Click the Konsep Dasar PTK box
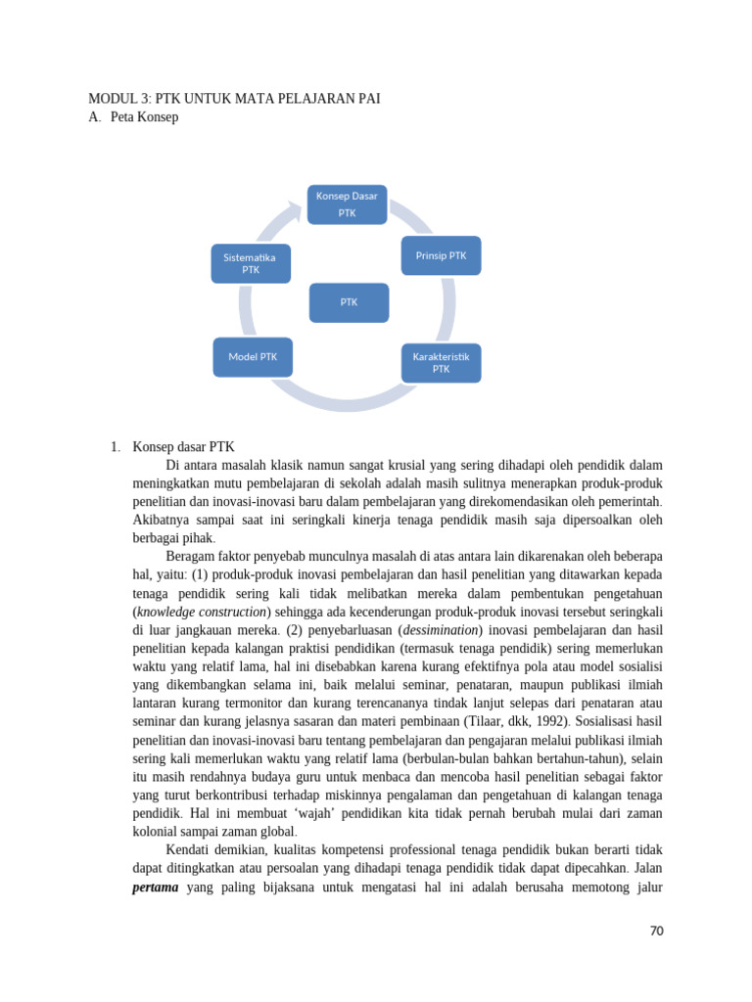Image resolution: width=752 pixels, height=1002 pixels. click(x=347, y=204)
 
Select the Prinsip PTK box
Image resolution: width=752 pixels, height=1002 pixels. click(x=441, y=255)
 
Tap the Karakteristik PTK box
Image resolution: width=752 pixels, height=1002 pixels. click(x=441, y=362)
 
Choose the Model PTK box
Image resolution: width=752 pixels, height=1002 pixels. click(x=253, y=357)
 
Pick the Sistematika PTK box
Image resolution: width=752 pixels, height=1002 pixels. click(x=251, y=263)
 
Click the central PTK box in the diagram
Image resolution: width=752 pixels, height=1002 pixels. click(x=349, y=302)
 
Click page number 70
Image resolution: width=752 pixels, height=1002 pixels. click(x=656, y=931)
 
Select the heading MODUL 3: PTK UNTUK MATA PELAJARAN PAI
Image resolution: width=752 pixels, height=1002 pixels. click(x=234, y=99)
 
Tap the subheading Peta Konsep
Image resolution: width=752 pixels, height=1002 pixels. click(x=147, y=117)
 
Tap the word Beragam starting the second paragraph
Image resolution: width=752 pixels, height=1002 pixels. click(x=195, y=557)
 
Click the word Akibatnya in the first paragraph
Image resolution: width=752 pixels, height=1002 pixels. click(x=167, y=521)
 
